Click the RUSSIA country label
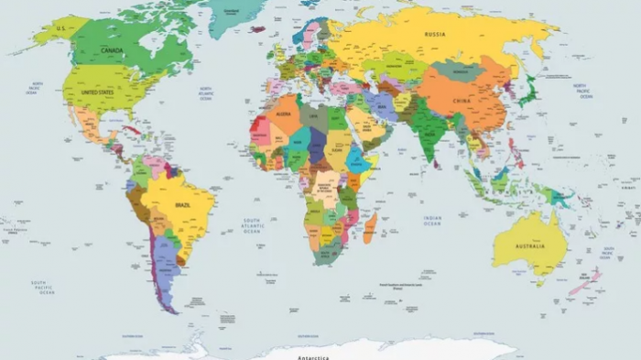(435, 35)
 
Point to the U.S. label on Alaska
(61, 28)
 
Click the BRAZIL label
(183, 205)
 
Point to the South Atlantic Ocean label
(252, 225)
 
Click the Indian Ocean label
(432, 221)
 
